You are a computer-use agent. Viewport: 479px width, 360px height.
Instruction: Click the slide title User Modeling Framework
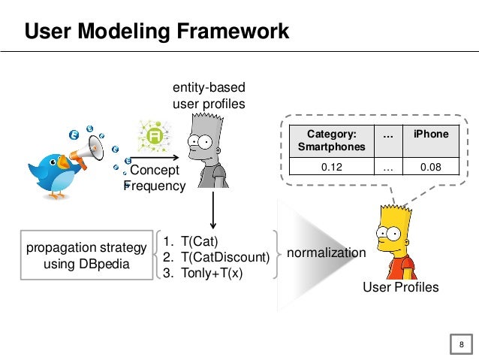(x=156, y=32)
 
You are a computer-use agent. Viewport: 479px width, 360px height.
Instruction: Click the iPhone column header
(x=431, y=135)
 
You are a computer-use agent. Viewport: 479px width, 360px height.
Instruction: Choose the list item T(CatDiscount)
(x=216, y=257)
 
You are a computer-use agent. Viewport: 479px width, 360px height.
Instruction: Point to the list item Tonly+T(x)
(x=203, y=272)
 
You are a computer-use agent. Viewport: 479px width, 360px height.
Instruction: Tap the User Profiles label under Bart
(x=400, y=287)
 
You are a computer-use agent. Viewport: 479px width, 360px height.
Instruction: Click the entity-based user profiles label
(x=209, y=96)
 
